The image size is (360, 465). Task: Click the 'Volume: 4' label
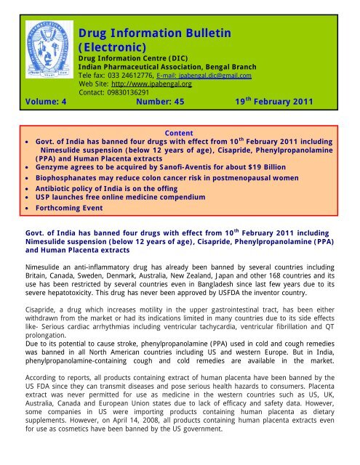30,103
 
